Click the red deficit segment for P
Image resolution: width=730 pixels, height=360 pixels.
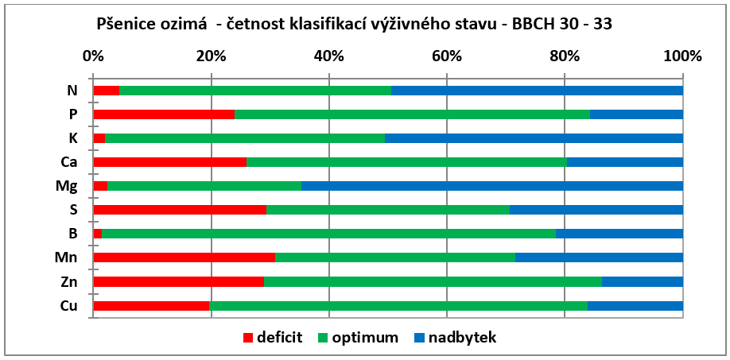tap(164, 114)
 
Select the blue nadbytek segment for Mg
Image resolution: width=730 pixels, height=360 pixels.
tap(492, 186)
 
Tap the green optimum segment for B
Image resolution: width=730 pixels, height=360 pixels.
tap(328, 234)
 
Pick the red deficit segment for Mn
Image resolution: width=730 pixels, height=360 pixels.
tap(184, 257)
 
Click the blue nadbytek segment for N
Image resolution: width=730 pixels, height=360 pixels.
tap(538, 91)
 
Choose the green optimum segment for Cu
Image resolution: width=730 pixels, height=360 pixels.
tap(398, 306)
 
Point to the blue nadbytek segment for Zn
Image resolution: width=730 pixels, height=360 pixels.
tap(643, 282)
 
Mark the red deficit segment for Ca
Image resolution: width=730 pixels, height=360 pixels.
tap(170, 162)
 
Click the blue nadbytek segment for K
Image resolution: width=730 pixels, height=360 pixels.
tap(534, 138)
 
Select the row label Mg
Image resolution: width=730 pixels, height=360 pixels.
tap(68, 187)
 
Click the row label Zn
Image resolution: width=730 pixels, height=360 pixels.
tap(69, 282)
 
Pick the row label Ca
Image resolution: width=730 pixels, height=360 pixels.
tap(69, 162)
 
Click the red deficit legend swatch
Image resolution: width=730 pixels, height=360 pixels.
tap(249, 338)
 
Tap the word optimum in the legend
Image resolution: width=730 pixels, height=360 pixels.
tap(365, 338)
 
